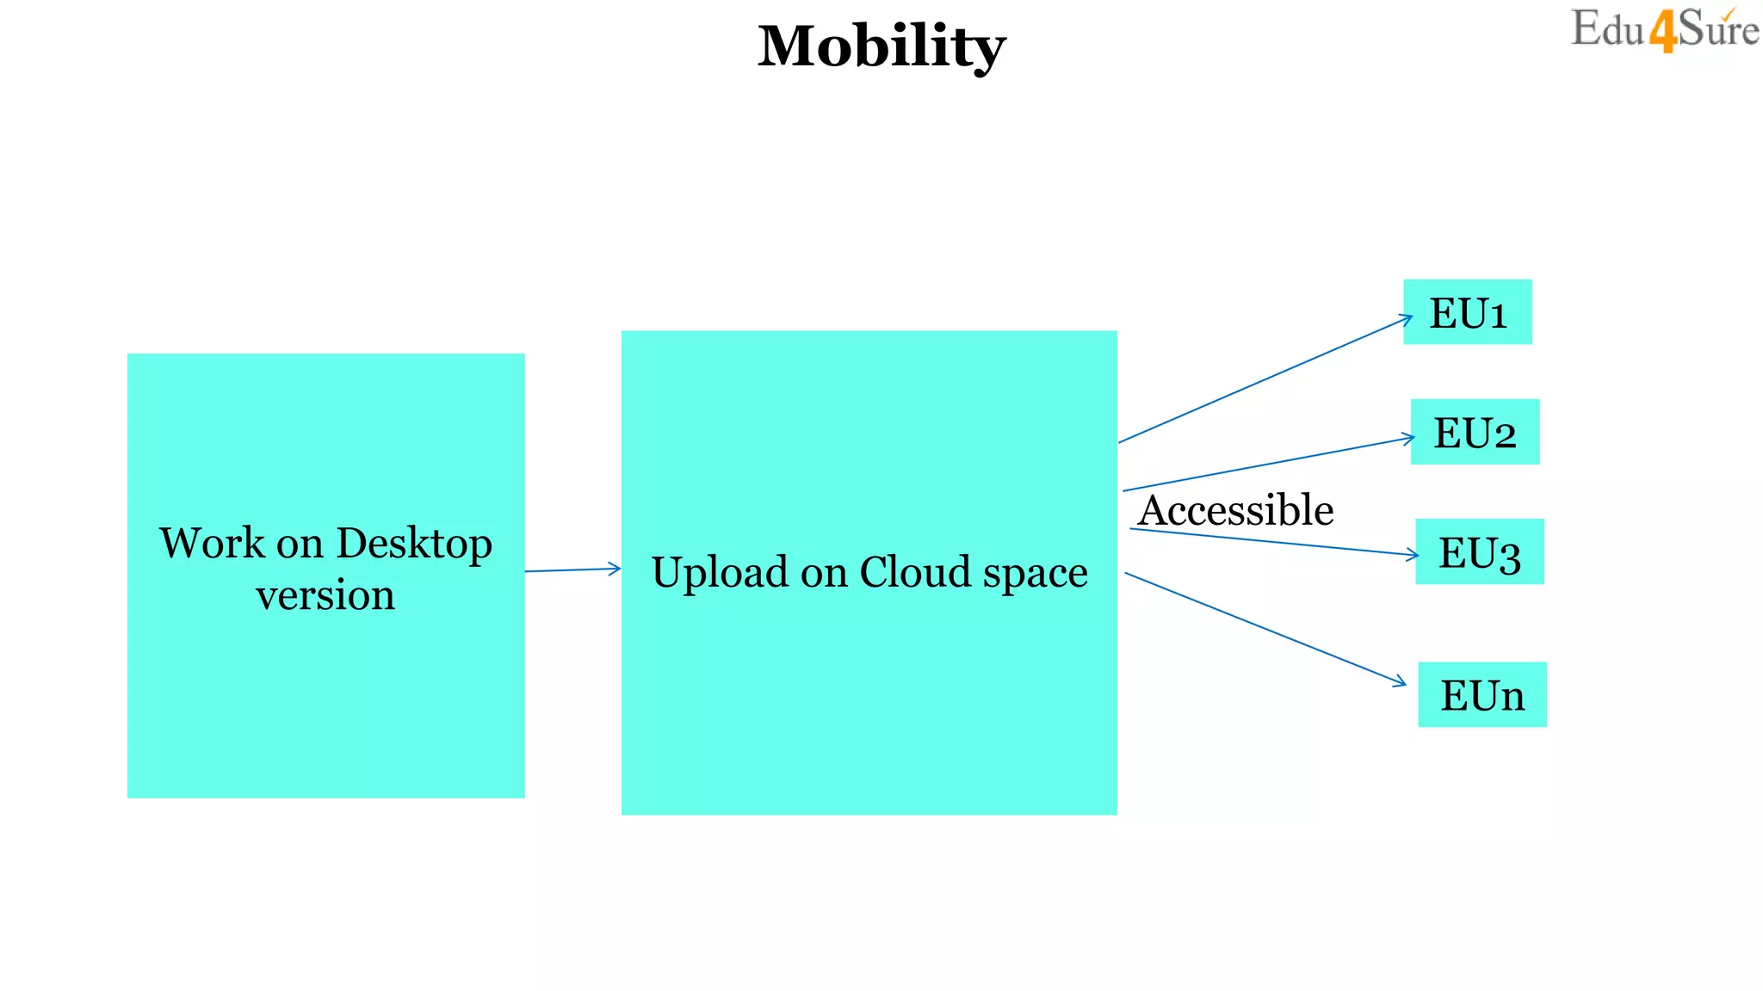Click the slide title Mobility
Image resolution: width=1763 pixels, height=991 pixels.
click(x=881, y=46)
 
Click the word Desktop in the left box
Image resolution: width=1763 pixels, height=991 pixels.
click(x=414, y=545)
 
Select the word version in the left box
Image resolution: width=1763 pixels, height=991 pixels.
click(x=325, y=595)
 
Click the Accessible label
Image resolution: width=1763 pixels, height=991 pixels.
click(x=1236, y=510)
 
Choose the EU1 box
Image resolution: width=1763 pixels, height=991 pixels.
click(x=1467, y=312)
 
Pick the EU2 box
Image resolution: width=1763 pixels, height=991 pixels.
click(x=1474, y=432)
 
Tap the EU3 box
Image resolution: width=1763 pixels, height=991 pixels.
click(x=1479, y=552)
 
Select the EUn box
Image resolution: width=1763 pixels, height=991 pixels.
click(x=1482, y=695)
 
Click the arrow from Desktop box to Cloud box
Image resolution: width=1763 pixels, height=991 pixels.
click(x=572, y=569)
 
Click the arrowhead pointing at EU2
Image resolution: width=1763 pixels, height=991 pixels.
click(x=1409, y=439)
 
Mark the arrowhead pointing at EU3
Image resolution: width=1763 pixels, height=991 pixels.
click(x=1413, y=555)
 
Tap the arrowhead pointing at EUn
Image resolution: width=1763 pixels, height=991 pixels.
click(x=1401, y=683)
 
